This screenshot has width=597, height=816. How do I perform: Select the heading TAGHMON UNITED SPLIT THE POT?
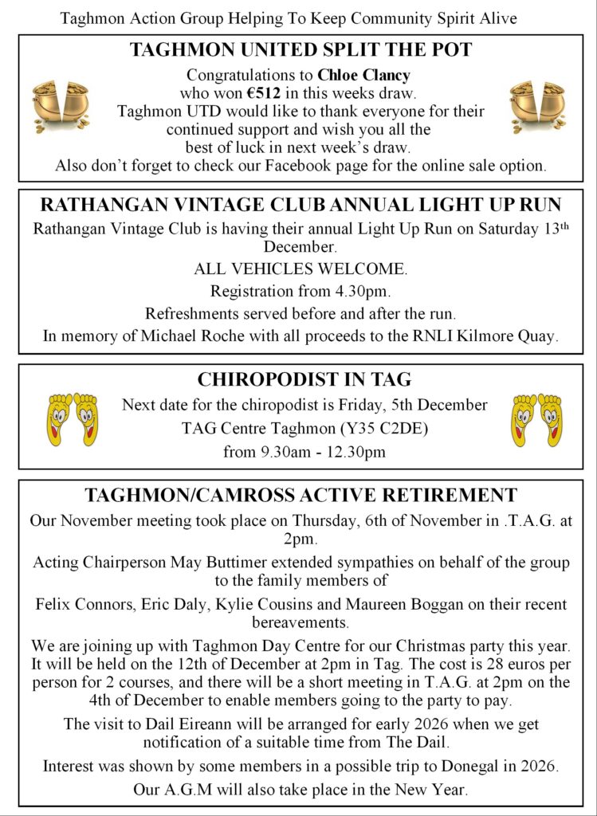[x=300, y=50]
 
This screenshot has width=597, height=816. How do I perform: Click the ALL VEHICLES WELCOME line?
[x=300, y=269]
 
